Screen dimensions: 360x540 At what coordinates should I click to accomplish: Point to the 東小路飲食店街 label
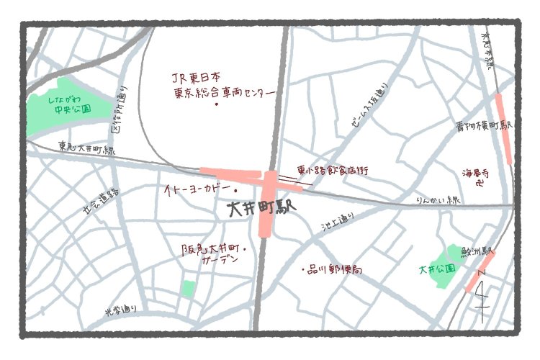click(333, 171)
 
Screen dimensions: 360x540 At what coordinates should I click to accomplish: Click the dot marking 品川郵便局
click(302, 270)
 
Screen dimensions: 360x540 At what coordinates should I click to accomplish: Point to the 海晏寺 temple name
click(479, 173)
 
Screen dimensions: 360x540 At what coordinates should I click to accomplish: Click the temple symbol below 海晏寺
click(480, 184)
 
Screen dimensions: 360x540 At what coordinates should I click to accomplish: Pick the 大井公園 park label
click(437, 269)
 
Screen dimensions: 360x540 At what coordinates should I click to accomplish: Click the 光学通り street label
click(120, 311)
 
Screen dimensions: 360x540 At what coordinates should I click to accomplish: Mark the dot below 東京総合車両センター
click(217, 105)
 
